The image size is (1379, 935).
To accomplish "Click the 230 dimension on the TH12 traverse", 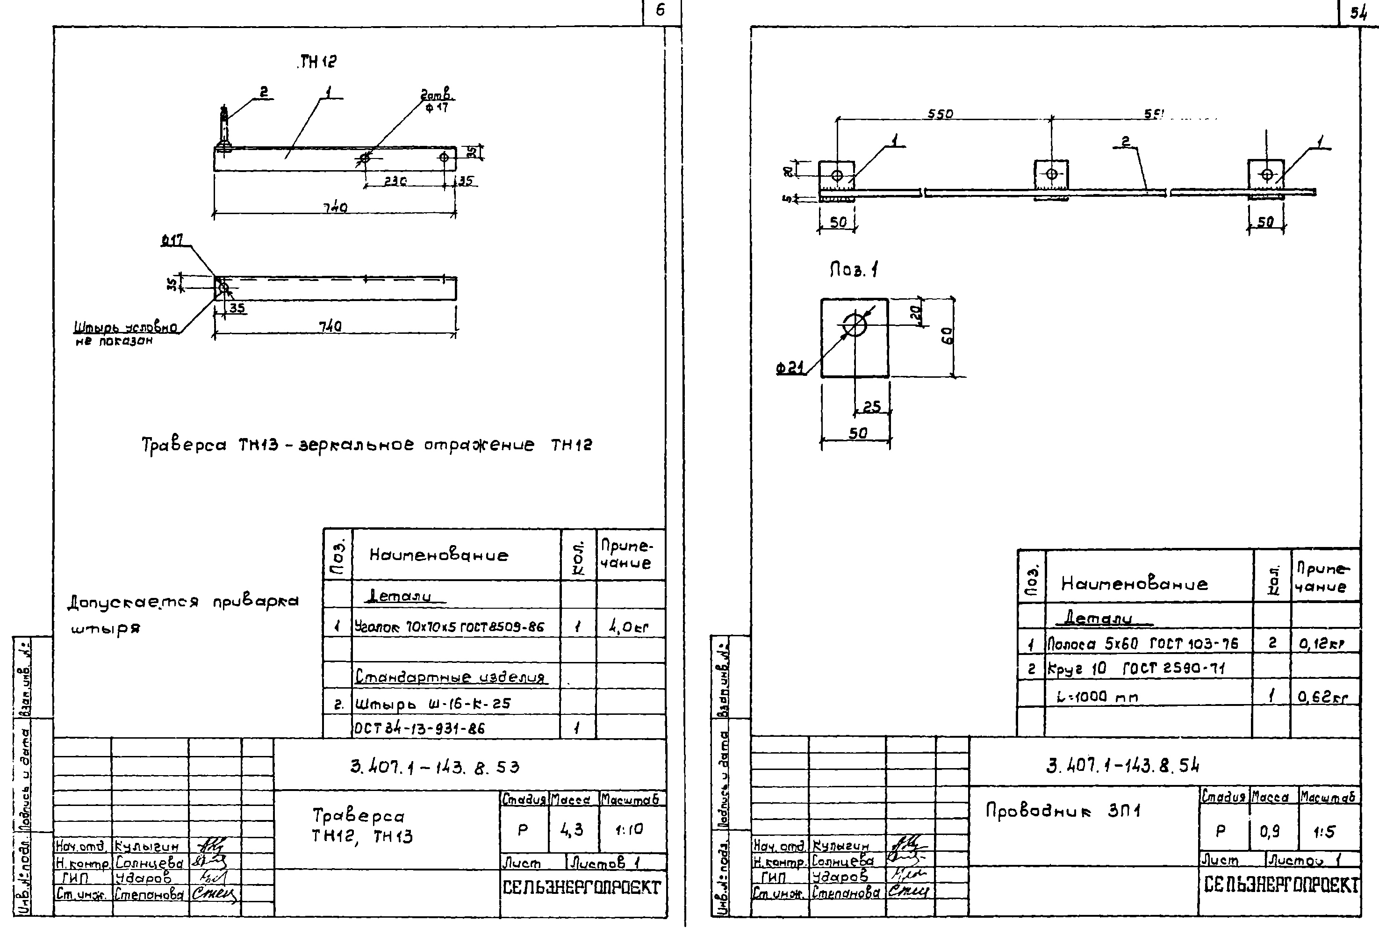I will pyautogui.click(x=395, y=181).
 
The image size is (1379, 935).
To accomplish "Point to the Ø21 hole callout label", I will pyautogui.click(x=790, y=368).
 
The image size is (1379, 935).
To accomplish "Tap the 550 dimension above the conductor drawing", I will pyautogui.click(x=940, y=114).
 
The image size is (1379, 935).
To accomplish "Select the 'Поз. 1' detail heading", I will pyautogui.click(x=853, y=271).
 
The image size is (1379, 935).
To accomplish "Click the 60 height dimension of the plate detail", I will pyautogui.click(x=948, y=336).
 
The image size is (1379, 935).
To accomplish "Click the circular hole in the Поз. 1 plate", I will pyautogui.click(x=855, y=324).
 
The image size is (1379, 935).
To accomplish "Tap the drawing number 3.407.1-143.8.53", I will pyautogui.click(x=434, y=767).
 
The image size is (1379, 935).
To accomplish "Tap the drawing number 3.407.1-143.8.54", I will pyautogui.click(x=1122, y=766).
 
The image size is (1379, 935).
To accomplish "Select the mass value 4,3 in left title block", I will pyautogui.click(x=571, y=829).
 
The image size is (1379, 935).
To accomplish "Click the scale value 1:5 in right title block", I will pyautogui.click(x=1324, y=832).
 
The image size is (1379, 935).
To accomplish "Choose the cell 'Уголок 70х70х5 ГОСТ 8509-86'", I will pyautogui.click(x=449, y=626).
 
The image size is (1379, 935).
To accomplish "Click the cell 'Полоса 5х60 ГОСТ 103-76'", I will pyautogui.click(x=1142, y=644).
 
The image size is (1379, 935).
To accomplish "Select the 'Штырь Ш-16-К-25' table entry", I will pyautogui.click(x=432, y=704).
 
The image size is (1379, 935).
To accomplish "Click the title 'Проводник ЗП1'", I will pyautogui.click(x=1063, y=811).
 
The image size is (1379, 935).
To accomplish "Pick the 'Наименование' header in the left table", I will pyautogui.click(x=438, y=555).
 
